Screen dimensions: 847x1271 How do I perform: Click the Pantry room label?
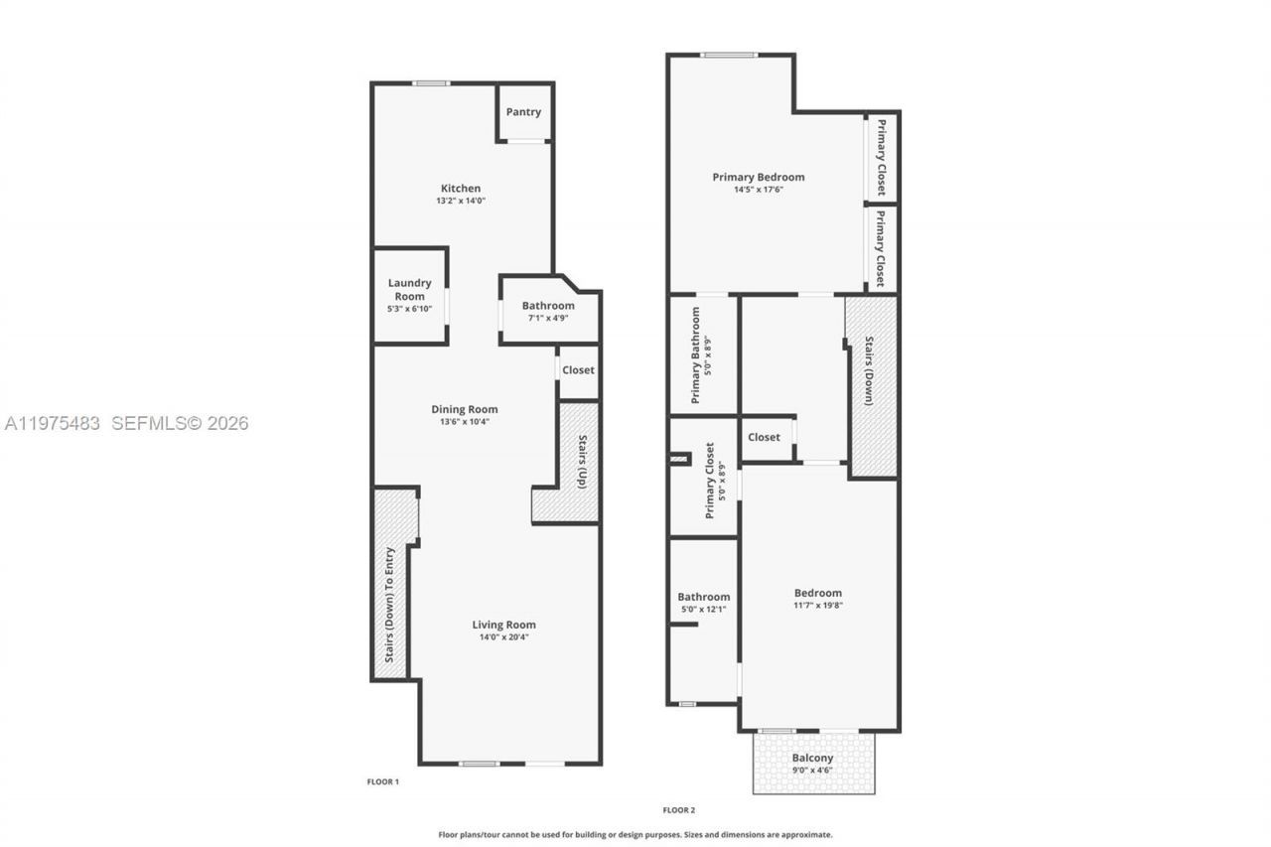523,112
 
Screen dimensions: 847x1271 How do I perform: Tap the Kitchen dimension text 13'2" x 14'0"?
461,201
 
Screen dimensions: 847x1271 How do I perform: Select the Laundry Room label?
409,289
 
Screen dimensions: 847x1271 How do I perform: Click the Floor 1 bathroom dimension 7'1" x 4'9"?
548,319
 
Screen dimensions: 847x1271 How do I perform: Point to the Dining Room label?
464,409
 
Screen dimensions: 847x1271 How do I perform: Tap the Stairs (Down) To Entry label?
390,605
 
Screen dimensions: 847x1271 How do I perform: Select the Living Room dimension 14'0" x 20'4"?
503,637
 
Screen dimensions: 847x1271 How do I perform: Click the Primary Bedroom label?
759,177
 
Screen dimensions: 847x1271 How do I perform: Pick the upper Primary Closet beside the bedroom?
881,159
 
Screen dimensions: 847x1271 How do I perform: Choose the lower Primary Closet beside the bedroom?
881,247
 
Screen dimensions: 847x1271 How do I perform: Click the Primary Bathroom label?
695,354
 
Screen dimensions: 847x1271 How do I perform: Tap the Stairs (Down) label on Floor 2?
870,371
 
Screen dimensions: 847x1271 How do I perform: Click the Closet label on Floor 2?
764,437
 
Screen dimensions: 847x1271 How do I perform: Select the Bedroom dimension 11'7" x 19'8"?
817,605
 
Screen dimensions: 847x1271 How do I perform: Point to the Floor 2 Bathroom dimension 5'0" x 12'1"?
703,609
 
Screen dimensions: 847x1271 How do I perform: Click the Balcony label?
812,758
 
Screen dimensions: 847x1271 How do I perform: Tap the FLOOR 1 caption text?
382,781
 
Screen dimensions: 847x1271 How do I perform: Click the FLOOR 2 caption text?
678,810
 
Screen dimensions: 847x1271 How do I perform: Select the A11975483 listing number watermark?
53,424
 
